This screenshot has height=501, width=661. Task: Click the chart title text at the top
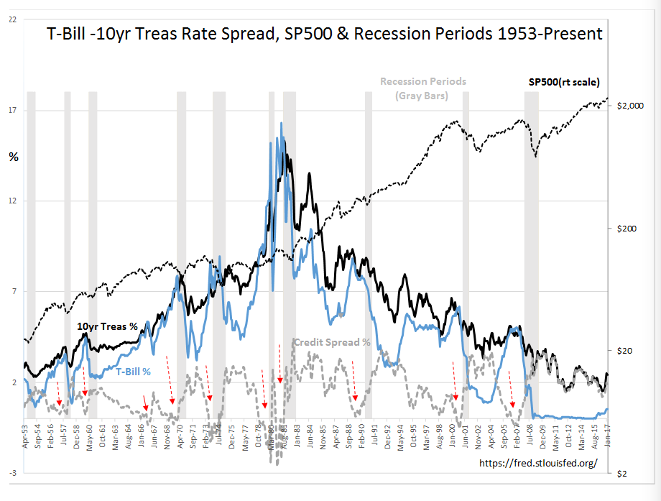[324, 34]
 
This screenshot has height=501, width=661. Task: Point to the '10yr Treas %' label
[107, 326]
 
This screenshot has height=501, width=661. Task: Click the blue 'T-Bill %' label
[134, 372]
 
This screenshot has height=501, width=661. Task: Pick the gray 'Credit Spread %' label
[332, 342]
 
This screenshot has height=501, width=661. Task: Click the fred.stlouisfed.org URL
[537, 463]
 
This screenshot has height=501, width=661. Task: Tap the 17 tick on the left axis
[12, 110]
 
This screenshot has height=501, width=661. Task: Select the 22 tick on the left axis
[12, 19]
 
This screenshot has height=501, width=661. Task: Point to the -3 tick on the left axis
[12, 473]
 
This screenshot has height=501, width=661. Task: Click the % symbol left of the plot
[13, 156]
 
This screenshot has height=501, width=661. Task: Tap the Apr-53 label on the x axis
[26, 436]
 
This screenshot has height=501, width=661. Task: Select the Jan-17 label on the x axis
[609, 436]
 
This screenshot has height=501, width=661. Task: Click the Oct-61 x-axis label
[103, 436]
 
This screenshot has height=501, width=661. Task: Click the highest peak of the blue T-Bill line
[281, 124]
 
